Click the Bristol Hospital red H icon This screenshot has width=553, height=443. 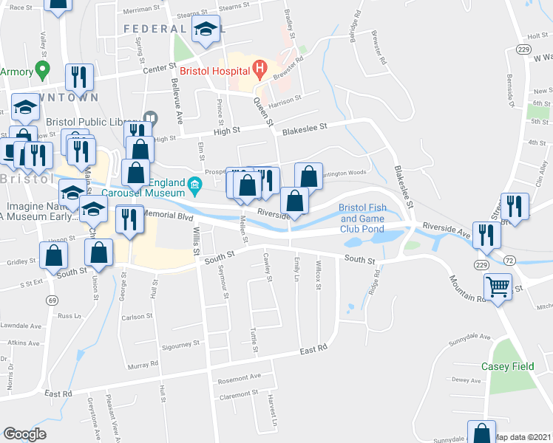259,70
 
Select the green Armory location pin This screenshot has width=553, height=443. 42,72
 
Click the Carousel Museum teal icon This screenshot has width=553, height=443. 195,184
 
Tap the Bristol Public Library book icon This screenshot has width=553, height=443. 151,118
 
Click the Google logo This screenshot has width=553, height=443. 25,433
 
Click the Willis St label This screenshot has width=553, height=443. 197,241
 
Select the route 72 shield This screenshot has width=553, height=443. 509,261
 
